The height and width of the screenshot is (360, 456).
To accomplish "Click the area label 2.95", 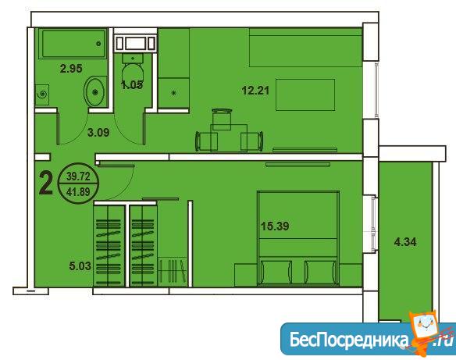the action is pyautogui.click(x=71, y=69).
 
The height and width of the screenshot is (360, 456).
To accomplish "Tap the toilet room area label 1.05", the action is pyautogui.click(x=132, y=85).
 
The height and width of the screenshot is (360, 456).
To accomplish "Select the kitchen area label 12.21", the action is pyautogui.click(x=255, y=91).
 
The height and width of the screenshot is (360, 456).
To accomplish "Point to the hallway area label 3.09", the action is pyautogui.click(x=98, y=133).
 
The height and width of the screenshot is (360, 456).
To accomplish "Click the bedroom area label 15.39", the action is pyautogui.click(x=275, y=226).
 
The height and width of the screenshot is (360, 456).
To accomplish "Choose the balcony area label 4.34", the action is pyautogui.click(x=405, y=241).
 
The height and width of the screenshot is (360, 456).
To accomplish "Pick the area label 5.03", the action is pyautogui.click(x=80, y=266).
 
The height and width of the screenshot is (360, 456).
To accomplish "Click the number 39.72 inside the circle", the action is pyautogui.click(x=78, y=176).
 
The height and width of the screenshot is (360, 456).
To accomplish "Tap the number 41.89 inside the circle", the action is pyautogui.click(x=78, y=191).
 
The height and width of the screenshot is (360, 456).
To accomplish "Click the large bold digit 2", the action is pyautogui.click(x=46, y=184).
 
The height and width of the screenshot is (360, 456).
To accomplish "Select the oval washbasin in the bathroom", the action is pyautogui.click(x=94, y=91).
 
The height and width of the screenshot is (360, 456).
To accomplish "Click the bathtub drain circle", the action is pyautogui.click(x=98, y=44).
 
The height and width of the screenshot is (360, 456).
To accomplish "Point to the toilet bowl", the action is pyautogui.click(x=133, y=73).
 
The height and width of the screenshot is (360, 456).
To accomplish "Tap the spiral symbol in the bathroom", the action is pyautogui.click(x=42, y=94).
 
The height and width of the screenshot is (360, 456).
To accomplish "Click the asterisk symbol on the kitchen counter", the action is pyautogui.click(x=173, y=93).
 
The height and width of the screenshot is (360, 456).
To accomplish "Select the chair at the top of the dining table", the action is pyautogui.click(x=222, y=119).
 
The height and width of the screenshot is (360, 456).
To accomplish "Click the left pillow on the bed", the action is pyautogui.click(x=276, y=273).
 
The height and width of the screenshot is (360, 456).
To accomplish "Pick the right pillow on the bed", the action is pyautogui.click(x=320, y=273).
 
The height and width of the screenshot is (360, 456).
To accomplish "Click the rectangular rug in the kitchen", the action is pyautogui.click(x=305, y=94).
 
